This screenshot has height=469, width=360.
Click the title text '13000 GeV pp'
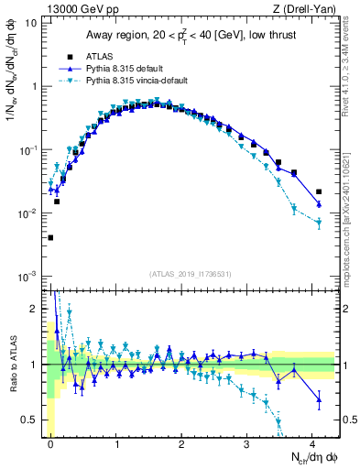point(73,8)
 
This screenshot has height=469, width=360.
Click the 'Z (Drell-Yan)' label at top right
point(306,8)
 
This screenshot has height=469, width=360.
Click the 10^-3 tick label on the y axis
point(27,277)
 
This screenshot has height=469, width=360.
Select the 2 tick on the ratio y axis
point(36,309)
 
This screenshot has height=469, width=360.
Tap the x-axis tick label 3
point(248,442)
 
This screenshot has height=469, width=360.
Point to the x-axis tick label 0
point(50,442)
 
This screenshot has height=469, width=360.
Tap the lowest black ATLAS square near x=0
point(50,237)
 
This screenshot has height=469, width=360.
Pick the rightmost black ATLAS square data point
point(319,192)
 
